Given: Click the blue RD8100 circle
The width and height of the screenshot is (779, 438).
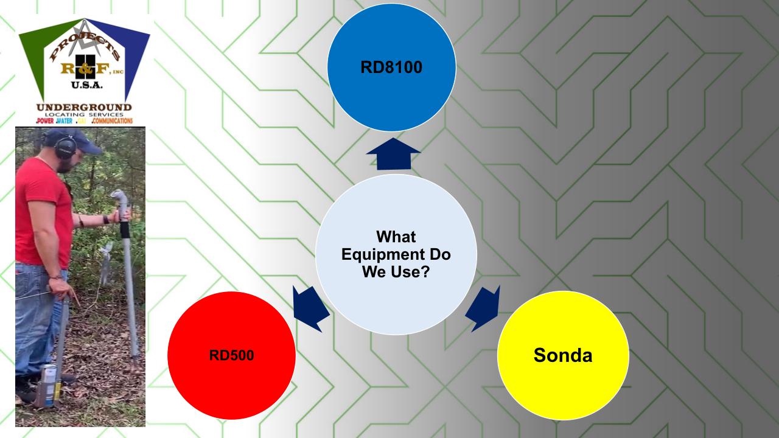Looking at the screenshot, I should [x=391, y=67].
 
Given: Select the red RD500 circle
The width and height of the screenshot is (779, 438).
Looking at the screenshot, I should [x=231, y=355].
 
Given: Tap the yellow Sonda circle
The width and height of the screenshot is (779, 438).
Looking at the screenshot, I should [x=562, y=355].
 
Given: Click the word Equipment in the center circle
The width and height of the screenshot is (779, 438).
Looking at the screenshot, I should [x=396, y=254].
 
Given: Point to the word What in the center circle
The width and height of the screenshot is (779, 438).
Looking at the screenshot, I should [x=396, y=237].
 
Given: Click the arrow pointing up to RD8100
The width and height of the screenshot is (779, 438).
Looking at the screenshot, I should [x=393, y=155].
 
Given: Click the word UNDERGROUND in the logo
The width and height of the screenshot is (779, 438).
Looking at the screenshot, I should [x=84, y=108].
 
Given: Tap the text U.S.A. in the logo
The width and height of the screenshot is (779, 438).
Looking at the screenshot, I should [x=85, y=85].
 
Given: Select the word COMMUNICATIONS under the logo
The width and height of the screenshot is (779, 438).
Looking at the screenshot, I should [x=112, y=121].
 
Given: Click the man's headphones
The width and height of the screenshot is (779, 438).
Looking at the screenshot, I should [x=65, y=147].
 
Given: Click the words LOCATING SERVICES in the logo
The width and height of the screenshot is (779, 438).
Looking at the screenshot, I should [x=84, y=115].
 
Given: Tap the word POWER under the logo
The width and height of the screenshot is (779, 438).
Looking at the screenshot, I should [x=45, y=121].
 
